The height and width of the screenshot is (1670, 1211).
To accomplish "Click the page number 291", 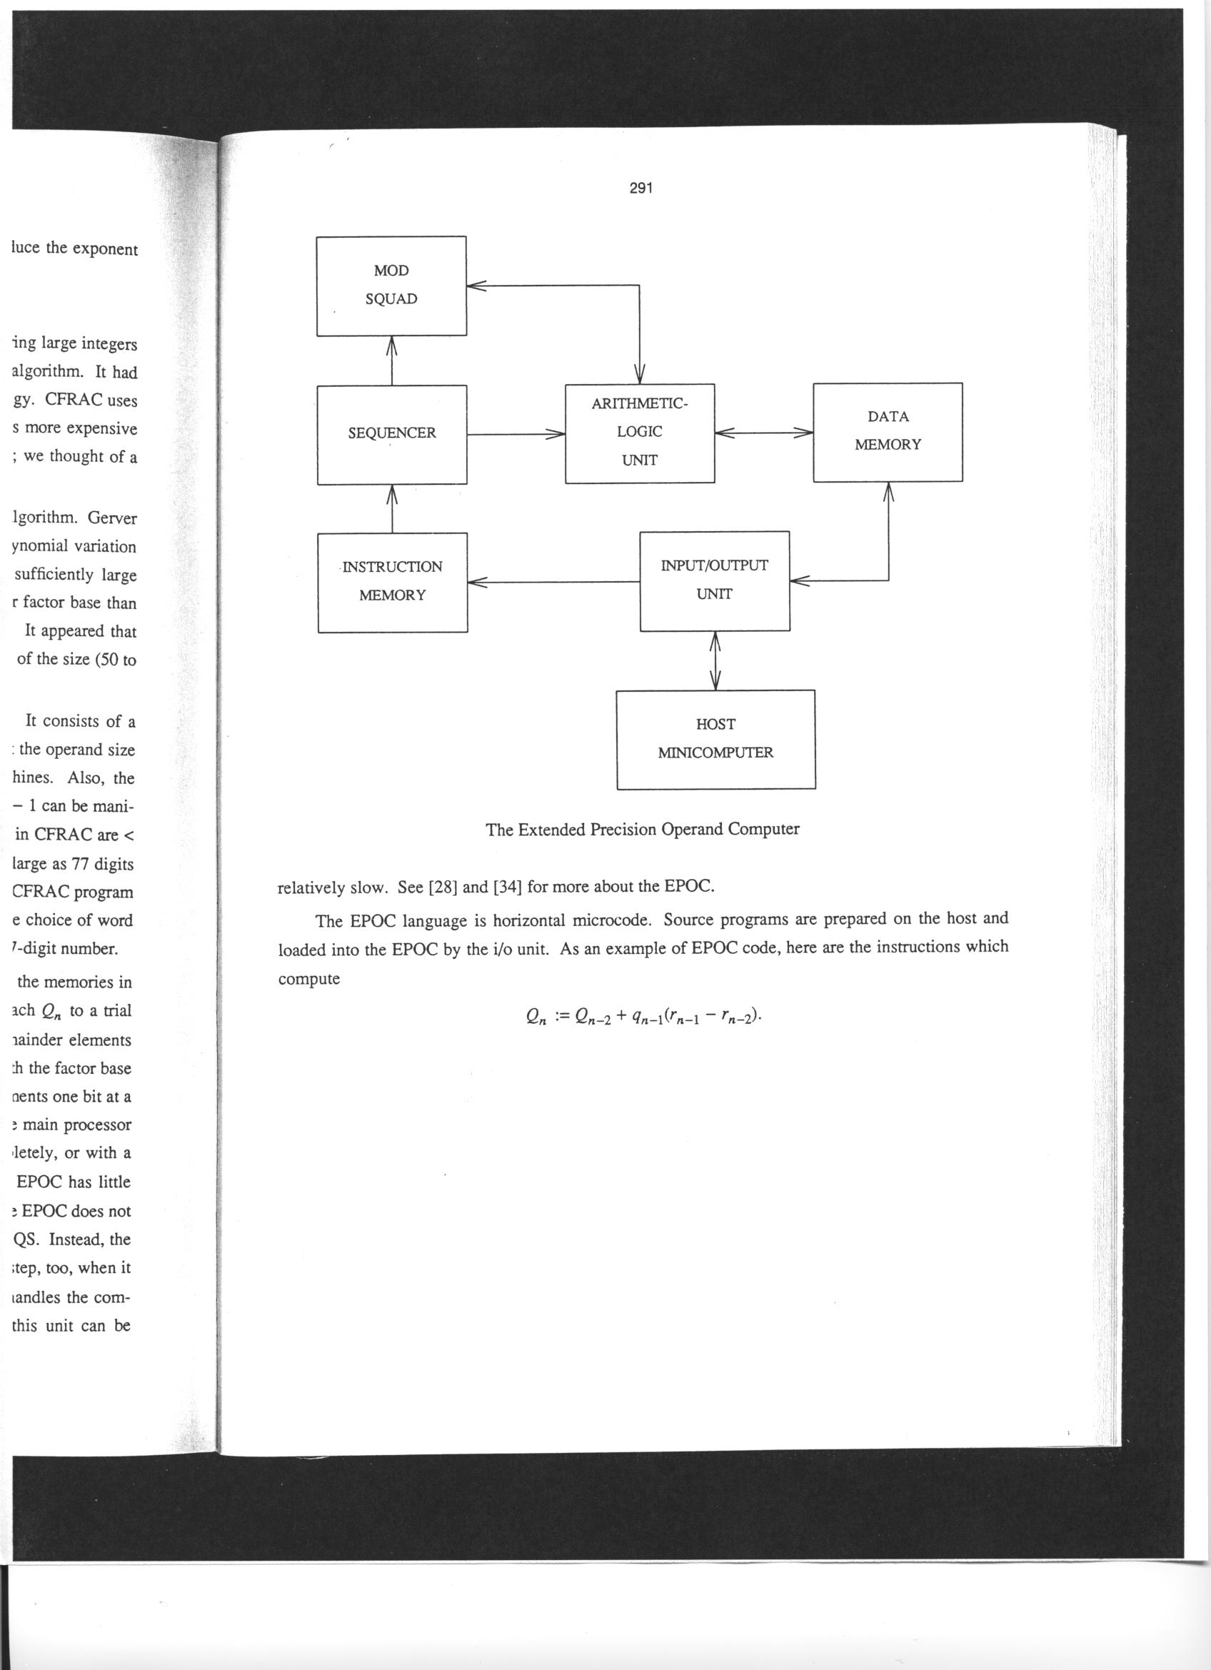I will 641,188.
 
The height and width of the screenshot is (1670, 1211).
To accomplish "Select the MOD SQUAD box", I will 391,286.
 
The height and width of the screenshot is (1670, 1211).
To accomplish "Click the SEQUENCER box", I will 391,434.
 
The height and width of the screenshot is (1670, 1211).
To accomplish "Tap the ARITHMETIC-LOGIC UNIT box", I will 639,433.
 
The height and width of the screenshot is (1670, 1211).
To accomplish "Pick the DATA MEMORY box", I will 887,431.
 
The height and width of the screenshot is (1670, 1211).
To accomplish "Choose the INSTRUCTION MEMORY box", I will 393,582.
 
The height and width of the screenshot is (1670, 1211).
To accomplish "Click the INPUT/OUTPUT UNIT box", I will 714,580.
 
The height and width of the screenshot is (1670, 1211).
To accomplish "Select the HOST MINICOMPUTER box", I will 715,739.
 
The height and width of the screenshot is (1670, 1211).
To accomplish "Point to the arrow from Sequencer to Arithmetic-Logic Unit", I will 516,434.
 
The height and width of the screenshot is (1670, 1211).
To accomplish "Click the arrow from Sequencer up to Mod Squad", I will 391,361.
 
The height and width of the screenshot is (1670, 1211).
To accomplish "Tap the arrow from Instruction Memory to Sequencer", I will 391,508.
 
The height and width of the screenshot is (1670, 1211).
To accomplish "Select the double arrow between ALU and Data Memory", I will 763,433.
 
